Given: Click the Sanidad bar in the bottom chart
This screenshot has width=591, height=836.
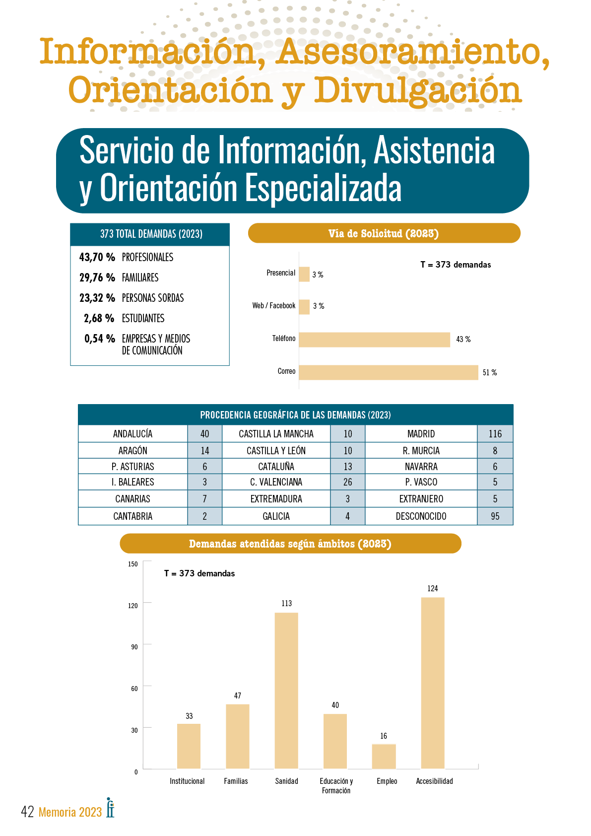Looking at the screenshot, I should [286, 691].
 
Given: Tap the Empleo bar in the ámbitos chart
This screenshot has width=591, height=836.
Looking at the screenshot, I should [384, 756].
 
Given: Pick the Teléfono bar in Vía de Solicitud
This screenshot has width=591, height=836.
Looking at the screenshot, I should [375, 340].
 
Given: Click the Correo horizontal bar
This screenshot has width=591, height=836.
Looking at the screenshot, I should [389, 372].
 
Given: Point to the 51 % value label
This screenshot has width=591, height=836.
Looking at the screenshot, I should [489, 372].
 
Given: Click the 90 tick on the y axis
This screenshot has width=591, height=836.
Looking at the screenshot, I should [134, 647].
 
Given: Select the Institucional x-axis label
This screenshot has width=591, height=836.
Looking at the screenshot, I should [187, 781].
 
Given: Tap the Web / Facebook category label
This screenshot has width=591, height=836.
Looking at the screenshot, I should [273, 306].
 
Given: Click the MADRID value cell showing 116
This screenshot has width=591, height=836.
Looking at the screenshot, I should [495, 434].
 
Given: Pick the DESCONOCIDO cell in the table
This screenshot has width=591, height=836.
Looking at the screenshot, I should [421, 516].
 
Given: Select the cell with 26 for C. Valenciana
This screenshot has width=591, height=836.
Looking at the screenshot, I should [347, 482].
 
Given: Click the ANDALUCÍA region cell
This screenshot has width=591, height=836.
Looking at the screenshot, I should [132, 434].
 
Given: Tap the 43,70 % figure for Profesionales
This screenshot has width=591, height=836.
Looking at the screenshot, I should [97, 257].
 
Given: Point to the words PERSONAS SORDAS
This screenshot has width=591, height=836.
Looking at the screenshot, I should [153, 298].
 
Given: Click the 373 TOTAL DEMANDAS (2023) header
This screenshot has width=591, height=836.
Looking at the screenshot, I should [151, 234].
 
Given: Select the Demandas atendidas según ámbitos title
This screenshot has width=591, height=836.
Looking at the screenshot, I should [290, 544].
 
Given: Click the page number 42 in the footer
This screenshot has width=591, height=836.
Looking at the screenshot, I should [27, 812].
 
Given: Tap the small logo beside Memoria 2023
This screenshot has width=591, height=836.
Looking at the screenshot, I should [110, 807].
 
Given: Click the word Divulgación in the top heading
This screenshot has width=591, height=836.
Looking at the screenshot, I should [418, 90].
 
